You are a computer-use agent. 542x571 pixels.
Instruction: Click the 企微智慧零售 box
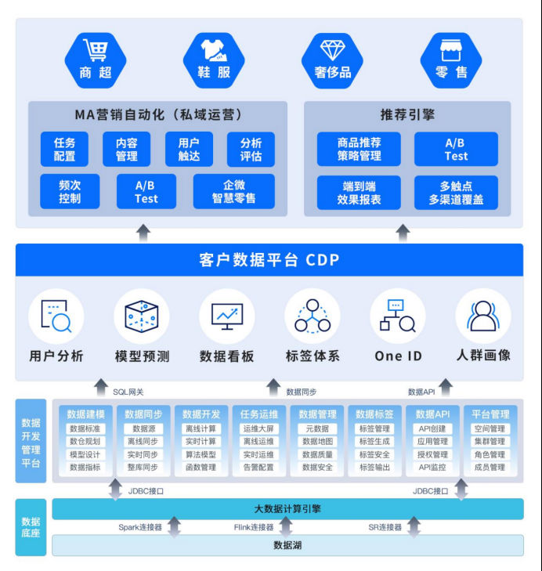[234, 191]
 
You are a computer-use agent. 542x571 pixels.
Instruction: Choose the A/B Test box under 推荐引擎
[456, 149]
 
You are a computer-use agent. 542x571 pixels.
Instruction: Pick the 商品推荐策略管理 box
[359, 149]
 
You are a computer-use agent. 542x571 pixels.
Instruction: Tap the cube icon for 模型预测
[142, 316]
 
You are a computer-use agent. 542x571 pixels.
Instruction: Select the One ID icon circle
[398, 316]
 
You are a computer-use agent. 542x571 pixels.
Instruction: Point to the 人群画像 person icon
[483, 316]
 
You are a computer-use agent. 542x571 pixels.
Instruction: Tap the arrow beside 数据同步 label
[273, 386]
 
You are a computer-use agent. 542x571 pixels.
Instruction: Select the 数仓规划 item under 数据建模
[85, 442]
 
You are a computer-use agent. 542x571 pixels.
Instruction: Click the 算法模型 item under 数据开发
[201, 454]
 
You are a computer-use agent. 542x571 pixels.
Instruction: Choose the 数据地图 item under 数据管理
[317, 442]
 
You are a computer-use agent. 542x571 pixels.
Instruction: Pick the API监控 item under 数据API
[432, 468]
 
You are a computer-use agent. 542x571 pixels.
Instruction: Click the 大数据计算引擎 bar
[287, 508]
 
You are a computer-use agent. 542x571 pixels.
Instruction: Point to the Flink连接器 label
[255, 527]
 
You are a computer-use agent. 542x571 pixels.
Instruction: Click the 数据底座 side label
[31, 526]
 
